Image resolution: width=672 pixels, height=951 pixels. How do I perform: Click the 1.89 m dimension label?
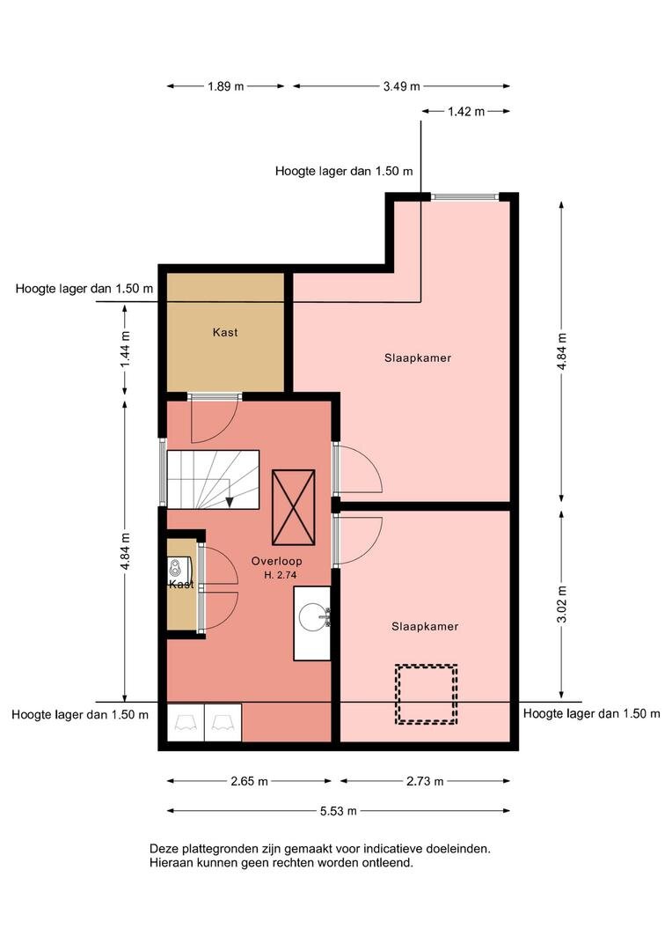(225, 86)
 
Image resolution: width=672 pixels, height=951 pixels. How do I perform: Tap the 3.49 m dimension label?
(401, 86)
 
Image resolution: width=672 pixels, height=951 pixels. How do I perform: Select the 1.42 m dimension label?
(466, 111)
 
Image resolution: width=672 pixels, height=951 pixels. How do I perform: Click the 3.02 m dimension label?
(562, 604)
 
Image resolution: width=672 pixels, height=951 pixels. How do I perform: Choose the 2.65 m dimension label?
(249, 781)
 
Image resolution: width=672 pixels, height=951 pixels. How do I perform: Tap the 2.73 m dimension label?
(425, 781)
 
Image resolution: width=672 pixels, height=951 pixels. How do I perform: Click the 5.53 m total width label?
(338, 811)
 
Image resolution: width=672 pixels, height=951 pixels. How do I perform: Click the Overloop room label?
(276, 562)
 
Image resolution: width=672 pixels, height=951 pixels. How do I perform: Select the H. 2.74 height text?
(280, 575)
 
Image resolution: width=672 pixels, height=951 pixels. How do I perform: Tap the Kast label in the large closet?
(225, 332)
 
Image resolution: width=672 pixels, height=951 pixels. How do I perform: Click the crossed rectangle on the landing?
(293, 508)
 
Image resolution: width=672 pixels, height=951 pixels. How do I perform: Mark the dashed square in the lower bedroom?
(426, 694)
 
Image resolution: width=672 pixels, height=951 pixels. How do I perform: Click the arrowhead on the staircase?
(230, 502)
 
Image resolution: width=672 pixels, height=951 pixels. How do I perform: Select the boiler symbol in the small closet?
(175, 568)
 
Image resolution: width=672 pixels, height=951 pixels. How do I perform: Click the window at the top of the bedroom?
(464, 196)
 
